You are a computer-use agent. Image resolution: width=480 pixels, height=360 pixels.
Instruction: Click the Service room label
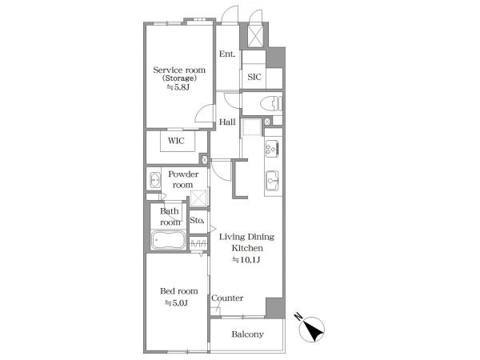[179, 70]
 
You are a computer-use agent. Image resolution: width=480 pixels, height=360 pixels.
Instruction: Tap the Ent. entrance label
[227, 54]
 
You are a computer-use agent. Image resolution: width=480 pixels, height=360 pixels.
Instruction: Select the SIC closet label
[254, 77]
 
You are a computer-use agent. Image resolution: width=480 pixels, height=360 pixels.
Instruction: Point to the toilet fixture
[271, 103]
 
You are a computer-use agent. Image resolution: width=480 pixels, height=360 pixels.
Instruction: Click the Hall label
[227, 122]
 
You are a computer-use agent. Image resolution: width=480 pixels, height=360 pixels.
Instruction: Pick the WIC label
[176, 141]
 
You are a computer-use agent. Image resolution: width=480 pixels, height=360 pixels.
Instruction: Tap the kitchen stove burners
[272, 149]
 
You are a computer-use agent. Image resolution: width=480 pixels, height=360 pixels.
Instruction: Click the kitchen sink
[272, 181]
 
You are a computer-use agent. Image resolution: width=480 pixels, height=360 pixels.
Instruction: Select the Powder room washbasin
[154, 180]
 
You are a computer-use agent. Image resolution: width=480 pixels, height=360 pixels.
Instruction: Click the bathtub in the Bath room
[168, 240]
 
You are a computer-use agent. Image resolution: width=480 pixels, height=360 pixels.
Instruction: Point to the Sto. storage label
[197, 220]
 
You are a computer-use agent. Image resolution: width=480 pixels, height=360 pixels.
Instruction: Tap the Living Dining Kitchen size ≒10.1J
[246, 260]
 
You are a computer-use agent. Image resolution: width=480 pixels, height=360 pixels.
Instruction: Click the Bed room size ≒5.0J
[176, 303]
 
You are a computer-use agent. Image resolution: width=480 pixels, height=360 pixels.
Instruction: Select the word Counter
[227, 298]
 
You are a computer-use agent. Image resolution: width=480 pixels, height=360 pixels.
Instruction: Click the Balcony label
[248, 334]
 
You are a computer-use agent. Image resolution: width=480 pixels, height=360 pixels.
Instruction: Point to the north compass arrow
[314, 330]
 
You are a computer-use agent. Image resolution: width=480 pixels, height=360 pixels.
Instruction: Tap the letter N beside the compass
[298, 316]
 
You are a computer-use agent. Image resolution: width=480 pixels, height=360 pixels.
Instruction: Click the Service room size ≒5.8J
[178, 87]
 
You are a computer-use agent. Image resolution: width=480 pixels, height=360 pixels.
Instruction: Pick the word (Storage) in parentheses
[179, 78]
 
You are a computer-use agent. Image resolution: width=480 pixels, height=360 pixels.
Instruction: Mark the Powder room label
[183, 179]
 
